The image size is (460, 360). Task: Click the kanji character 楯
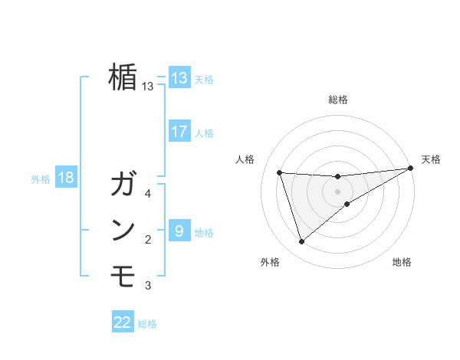[x=123, y=77]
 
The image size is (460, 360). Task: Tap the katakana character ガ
[x=123, y=185]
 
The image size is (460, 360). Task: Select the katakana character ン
[x=123, y=231]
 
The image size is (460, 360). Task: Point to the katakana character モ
[x=123, y=275]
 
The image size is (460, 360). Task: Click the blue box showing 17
[x=179, y=132]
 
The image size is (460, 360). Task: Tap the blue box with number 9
[x=179, y=231]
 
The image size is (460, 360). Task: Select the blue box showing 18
[x=66, y=178]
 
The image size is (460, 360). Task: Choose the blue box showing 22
[x=123, y=322]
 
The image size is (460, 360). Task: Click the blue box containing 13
[x=179, y=78]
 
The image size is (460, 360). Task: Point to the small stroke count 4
[x=148, y=194]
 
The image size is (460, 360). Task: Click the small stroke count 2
[x=148, y=240]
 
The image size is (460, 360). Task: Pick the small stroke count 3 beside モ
[x=148, y=286]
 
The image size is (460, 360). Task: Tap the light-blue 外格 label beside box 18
[x=41, y=179]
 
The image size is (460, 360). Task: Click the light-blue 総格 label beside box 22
[x=147, y=323]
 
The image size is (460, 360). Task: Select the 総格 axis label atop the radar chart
[x=338, y=100]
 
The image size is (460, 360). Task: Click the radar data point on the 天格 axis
[x=411, y=168]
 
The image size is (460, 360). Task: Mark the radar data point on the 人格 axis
[x=280, y=172]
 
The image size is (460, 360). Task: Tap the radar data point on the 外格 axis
[x=301, y=242]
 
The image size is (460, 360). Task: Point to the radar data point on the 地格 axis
[x=347, y=204]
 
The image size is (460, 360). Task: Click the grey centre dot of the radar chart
[x=338, y=191]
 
